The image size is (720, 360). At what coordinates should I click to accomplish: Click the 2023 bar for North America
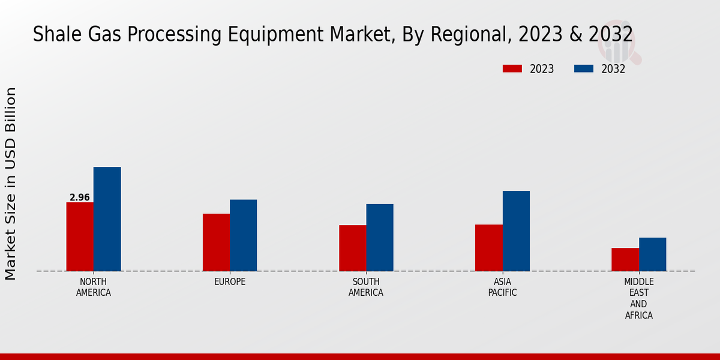pyautogui.click(x=80, y=236)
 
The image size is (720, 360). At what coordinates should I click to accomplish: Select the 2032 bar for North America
pyautogui.click(x=107, y=219)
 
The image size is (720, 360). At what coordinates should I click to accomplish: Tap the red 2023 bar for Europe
pyautogui.click(x=216, y=242)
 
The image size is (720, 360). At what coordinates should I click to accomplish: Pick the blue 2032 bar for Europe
pyautogui.click(x=243, y=235)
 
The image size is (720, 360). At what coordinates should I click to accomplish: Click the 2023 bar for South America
pyautogui.click(x=352, y=248)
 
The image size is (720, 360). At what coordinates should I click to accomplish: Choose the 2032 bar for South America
pyautogui.click(x=380, y=238)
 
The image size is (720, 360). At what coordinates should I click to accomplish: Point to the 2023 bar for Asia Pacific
pyautogui.click(x=488, y=248)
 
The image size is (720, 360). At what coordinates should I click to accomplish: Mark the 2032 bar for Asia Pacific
pyautogui.click(x=516, y=231)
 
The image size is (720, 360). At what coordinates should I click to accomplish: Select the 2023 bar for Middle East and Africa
pyautogui.click(x=625, y=259)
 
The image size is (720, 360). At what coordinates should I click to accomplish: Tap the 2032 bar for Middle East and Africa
pyautogui.click(x=652, y=254)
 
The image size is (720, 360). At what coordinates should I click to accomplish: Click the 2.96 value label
pyautogui.click(x=80, y=197)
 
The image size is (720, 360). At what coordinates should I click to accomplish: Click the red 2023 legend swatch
pyautogui.click(x=512, y=69)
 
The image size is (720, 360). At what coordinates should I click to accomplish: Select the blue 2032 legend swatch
pyautogui.click(x=584, y=69)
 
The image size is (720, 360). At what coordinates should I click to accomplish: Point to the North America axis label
pyautogui.click(x=94, y=287)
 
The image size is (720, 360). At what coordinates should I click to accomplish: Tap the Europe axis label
pyautogui.click(x=230, y=282)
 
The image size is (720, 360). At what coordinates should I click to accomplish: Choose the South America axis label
pyautogui.click(x=366, y=287)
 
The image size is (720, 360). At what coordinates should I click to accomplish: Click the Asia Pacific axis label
pyautogui.click(x=502, y=287)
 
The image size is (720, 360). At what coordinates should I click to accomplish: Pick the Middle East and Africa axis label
pyautogui.click(x=639, y=298)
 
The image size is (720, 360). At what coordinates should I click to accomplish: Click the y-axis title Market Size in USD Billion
pyautogui.click(x=11, y=184)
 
